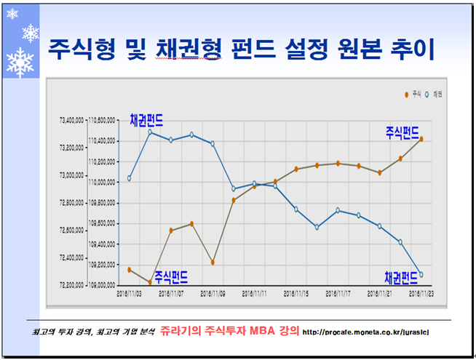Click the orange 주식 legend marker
(406, 95)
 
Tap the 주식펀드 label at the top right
(402, 132)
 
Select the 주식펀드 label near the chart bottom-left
(172, 276)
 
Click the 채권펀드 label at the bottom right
(402, 276)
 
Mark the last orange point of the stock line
(421, 140)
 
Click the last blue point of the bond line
(421, 275)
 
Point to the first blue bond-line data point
(130, 178)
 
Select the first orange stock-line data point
(130, 270)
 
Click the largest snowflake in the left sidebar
(20, 63)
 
